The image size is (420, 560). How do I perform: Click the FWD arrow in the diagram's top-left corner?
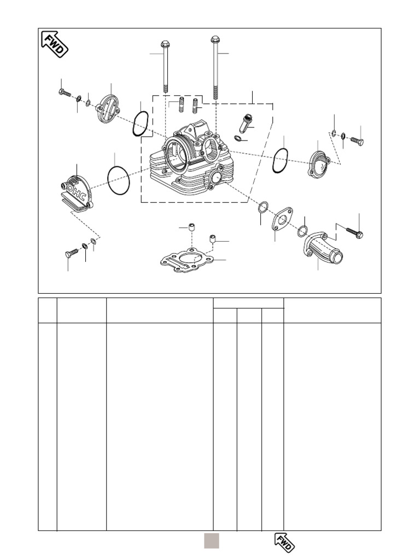(x=55, y=44)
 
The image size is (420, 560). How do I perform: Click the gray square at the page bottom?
(x=212, y=540)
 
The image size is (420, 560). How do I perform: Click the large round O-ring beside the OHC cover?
(x=119, y=180)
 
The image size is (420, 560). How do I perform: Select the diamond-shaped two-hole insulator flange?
(x=282, y=220)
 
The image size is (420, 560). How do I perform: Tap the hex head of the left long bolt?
(x=165, y=44)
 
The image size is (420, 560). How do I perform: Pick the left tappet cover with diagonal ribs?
(x=108, y=108)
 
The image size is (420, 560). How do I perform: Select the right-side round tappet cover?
(x=319, y=161)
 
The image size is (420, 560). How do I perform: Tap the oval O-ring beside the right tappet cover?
(x=280, y=160)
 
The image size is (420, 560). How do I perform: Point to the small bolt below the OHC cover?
(x=72, y=253)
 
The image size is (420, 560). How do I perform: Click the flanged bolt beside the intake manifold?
(x=354, y=233)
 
